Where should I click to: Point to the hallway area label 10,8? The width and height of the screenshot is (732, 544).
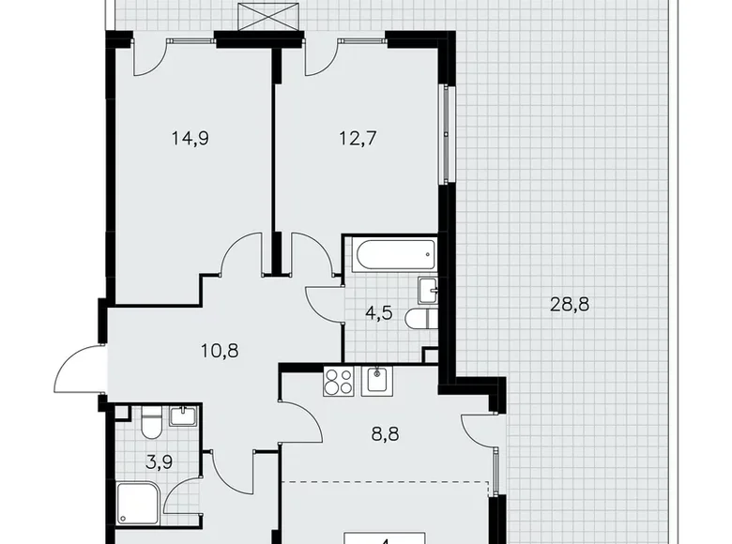click(221, 354)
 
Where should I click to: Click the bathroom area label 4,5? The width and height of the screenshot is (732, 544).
click(378, 313)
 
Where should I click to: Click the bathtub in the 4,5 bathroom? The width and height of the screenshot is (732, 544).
click(390, 252)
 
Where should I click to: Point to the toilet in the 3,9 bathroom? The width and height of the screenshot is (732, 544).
click(151, 429)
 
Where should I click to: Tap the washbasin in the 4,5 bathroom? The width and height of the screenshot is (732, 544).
click(427, 290)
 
